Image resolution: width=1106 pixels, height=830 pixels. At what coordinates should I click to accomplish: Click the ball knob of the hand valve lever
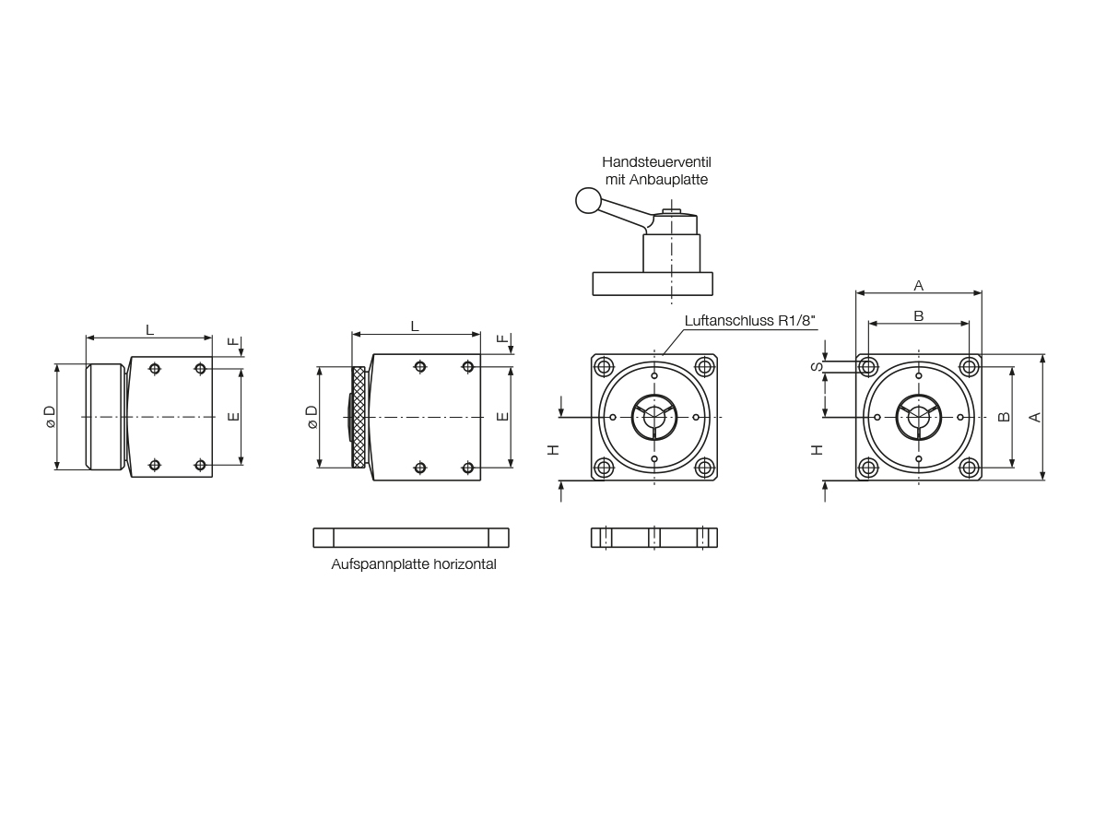pos(588,200)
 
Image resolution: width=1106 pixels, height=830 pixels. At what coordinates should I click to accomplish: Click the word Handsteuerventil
pos(656,162)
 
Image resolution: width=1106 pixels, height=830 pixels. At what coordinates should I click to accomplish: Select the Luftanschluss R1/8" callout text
pos(749,321)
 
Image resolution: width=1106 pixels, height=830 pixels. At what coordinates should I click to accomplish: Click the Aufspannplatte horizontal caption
pos(413,563)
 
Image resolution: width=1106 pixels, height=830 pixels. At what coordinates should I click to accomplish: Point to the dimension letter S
pos(817,367)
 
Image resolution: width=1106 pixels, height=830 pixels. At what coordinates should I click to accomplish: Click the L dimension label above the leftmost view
pos(149,330)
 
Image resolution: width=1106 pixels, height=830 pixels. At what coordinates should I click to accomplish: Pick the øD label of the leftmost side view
pos(51,417)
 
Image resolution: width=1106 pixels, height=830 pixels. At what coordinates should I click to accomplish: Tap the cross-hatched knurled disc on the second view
pos(359,417)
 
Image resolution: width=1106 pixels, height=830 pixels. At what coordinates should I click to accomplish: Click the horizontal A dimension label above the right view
pos(919,286)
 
